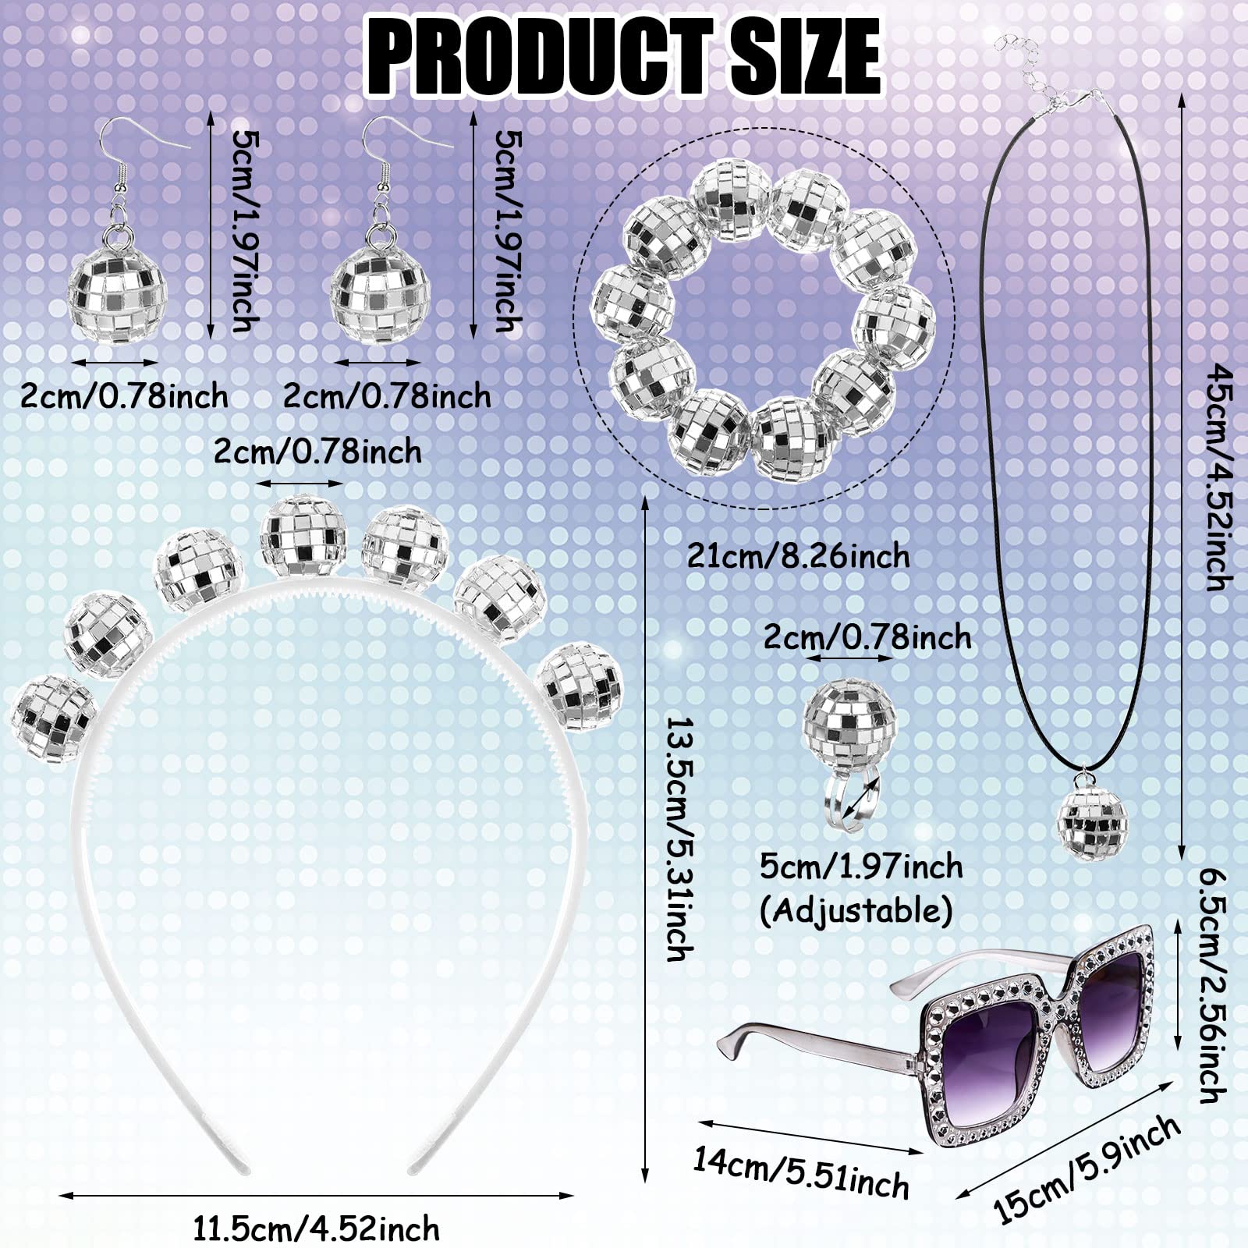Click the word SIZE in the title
[803, 55]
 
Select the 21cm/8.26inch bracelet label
[798, 556]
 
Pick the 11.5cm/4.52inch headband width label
[317, 1229]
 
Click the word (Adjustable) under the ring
[856, 910]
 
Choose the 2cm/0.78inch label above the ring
[867, 638]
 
